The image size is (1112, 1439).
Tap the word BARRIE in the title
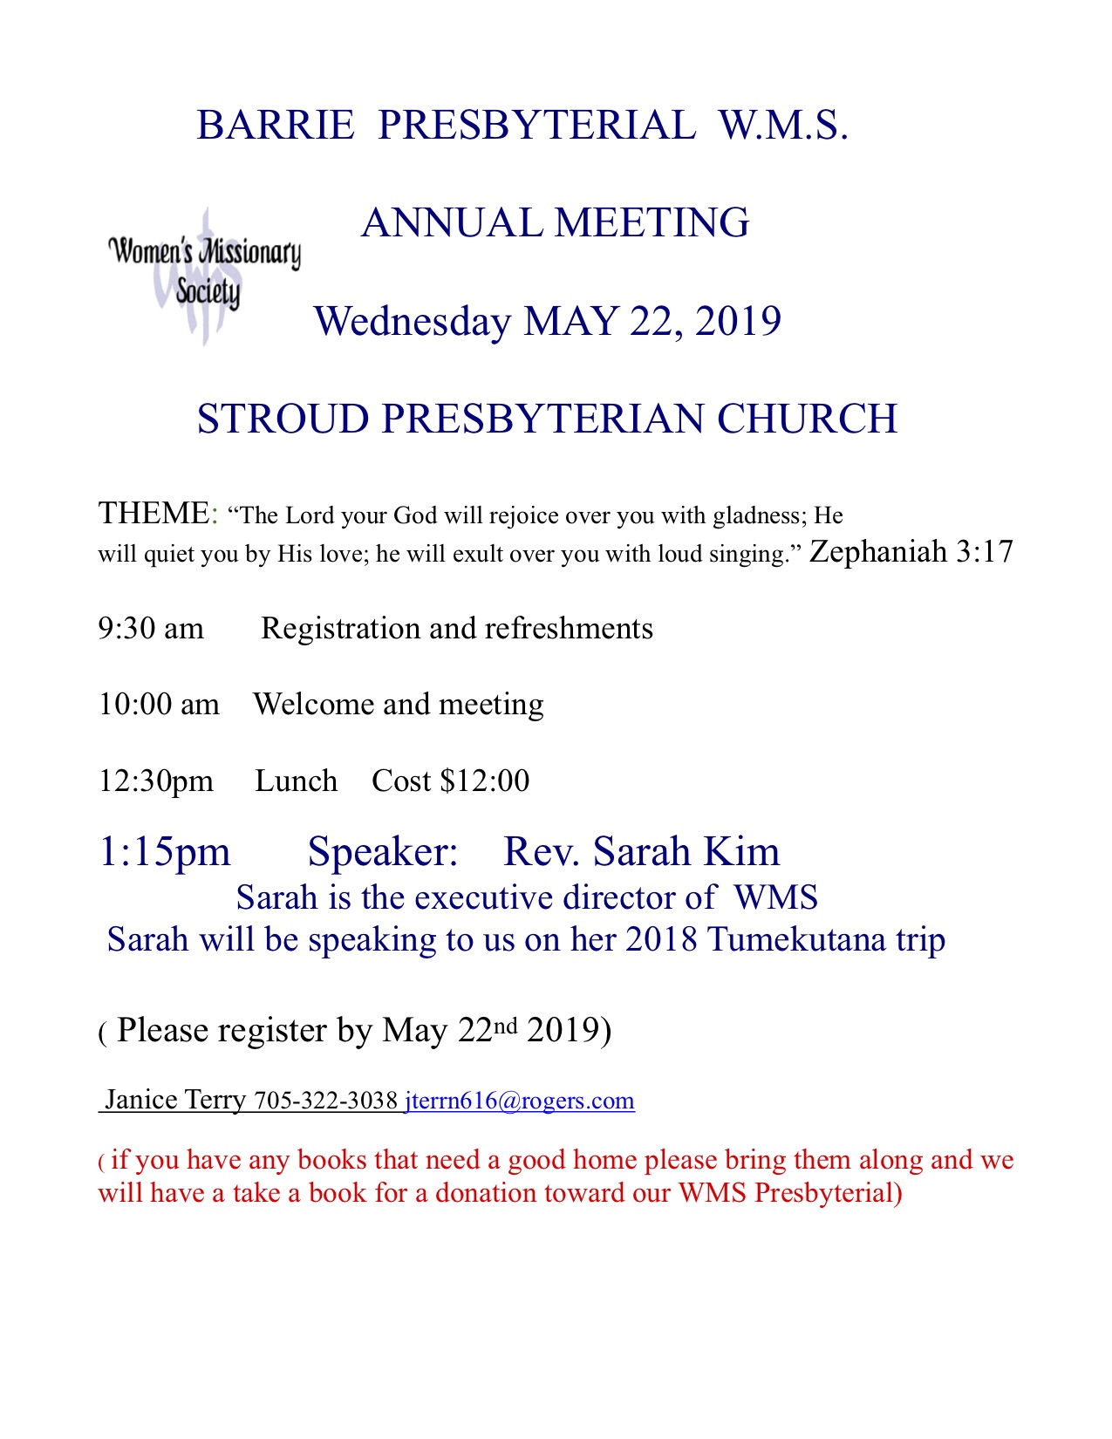(x=276, y=126)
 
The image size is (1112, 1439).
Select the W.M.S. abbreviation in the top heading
(x=783, y=126)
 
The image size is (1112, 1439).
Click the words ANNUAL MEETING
(x=556, y=223)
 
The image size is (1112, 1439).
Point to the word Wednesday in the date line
(x=412, y=322)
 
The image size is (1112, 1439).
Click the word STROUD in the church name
(x=283, y=419)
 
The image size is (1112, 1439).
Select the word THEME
(x=153, y=514)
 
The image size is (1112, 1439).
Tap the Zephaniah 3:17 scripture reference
(x=911, y=552)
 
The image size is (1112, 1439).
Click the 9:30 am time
(x=151, y=629)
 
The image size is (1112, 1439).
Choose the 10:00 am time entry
(x=159, y=705)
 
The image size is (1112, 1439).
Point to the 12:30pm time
(x=156, y=781)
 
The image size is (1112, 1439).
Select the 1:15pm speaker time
(x=165, y=852)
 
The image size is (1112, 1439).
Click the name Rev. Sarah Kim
(x=642, y=852)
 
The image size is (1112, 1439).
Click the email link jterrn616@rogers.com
(x=520, y=1101)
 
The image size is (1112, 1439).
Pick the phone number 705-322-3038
(x=325, y=1101)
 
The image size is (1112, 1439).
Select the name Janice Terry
(x=175, y=1100)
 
